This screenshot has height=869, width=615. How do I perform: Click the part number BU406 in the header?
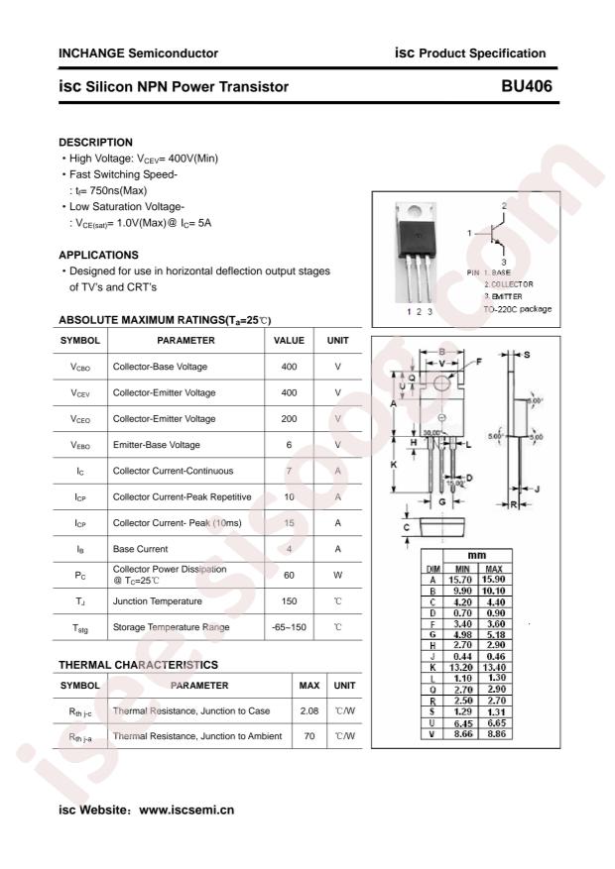click(x=528, y=87)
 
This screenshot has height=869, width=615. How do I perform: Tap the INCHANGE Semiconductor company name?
click(x=139, y=54)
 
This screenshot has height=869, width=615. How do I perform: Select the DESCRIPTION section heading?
click(x=95, y=142)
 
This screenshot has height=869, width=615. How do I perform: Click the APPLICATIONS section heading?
click(x=98, y=255)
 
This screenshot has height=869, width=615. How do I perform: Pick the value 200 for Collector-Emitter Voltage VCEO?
click(x=289, y=418)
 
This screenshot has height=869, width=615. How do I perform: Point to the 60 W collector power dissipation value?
click(x=289, y=575)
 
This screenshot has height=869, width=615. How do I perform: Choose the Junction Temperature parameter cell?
click(x=158, y=600)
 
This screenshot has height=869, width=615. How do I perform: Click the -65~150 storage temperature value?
click(x=289, y=627)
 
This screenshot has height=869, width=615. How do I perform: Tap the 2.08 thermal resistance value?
click(x=309, y=710)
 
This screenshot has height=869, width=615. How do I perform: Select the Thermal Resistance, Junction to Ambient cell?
click(x=196, y=736)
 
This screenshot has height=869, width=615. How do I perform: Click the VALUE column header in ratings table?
click(x=289, y=340)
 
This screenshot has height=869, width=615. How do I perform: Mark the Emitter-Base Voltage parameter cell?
click(x=157, y=445)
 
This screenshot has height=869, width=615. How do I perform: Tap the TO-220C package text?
click(x=517, y=309)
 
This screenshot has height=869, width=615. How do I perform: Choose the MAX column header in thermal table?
click(x=309, y=685)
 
